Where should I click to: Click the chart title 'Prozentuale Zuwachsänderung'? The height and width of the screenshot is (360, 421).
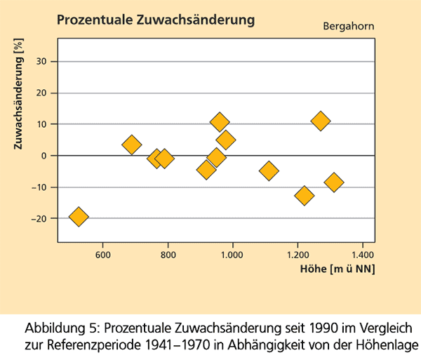[x=155, y=20]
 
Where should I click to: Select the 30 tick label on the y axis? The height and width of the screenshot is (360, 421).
[x=41, y=61]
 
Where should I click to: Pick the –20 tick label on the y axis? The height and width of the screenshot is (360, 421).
[x=38, y=219]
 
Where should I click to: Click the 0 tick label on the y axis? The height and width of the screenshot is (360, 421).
[x=44, y=156]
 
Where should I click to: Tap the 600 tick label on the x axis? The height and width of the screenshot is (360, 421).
[x=103, y=254]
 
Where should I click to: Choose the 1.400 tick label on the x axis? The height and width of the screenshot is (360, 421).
[x=363, y=254]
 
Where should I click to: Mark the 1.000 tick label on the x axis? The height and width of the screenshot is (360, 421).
[x=232, y=254]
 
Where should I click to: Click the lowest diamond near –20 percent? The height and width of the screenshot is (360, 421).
[x=79, y=217]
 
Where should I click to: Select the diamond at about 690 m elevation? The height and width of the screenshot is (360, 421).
[x=132, y=145]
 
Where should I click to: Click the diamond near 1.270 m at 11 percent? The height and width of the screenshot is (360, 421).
[x=321, y=121]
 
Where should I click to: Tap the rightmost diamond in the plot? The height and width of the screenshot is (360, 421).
[x=334, y=182]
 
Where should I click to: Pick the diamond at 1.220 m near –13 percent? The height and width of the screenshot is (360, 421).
[x=305, y=196]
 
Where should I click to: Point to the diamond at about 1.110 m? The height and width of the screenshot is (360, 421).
[x=269, y=171]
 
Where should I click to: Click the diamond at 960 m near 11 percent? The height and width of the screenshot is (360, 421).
[x=220, y=122]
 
